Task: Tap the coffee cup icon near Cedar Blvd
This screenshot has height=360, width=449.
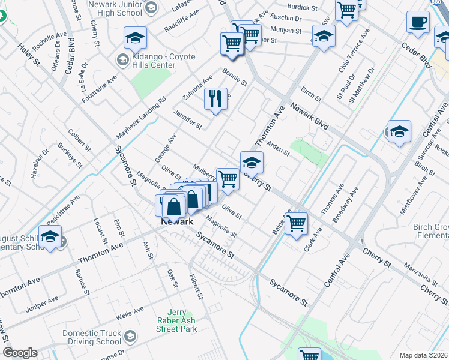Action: pos(418,22)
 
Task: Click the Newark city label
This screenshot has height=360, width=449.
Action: pos(177,221)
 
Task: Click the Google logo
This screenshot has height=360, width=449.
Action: pos(20,353)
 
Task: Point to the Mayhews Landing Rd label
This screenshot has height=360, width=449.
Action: pos(140,118)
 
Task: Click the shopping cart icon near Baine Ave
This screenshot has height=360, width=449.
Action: pos(296,223)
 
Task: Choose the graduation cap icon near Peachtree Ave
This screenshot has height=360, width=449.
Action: pos(50,236)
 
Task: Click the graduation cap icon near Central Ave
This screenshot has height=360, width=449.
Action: pos(399,132)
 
